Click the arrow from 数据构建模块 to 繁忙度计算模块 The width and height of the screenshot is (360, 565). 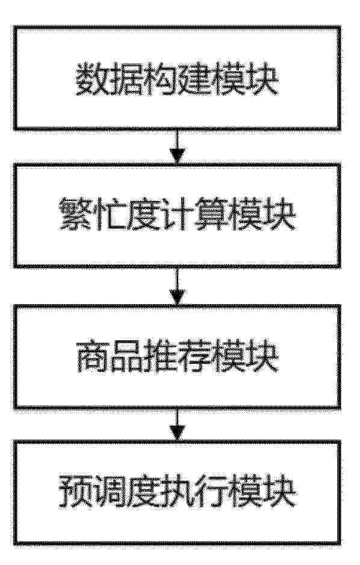[x=177, y=147]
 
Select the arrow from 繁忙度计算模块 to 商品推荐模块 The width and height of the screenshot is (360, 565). [x=177, y=287]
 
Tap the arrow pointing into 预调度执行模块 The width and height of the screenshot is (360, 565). [x=177, y=426]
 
